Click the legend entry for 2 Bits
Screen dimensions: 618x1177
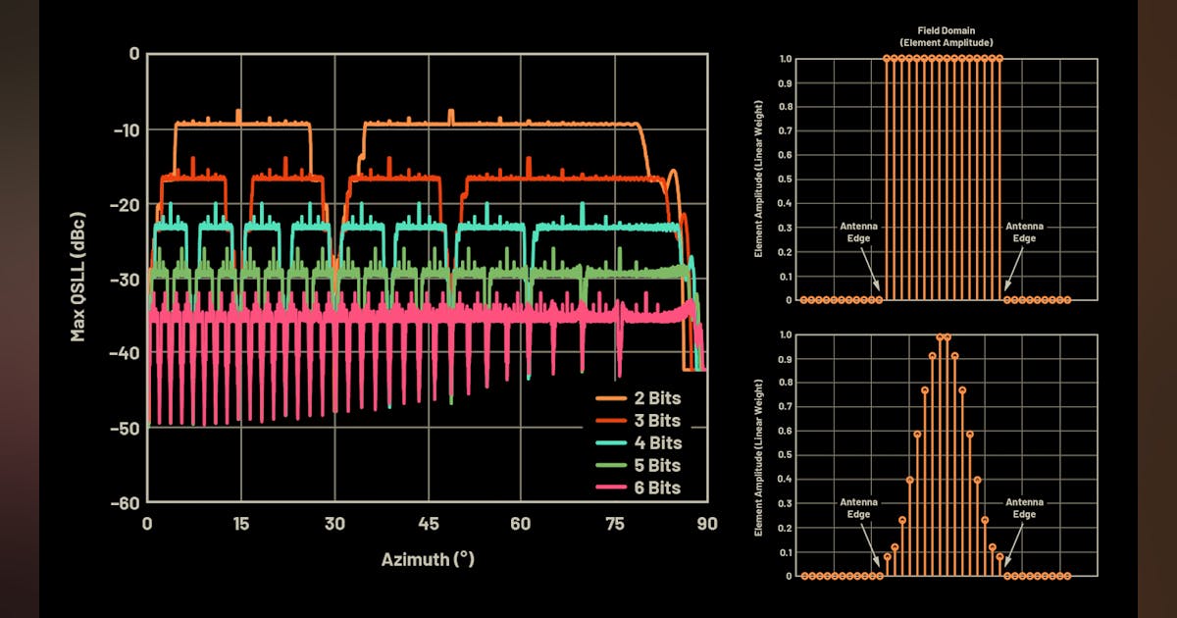(x=640, y=398)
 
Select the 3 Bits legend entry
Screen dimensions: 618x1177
(x=640, y=421)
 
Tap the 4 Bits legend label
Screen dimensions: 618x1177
(x=640, y=442)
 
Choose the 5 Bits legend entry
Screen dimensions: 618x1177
(x=640, y=465)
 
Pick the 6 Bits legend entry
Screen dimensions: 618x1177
(x=640, y=488)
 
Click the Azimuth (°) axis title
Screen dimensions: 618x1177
(x=428, y=559)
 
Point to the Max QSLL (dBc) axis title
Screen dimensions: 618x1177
(x=77, y=277)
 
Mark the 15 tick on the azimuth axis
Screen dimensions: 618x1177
(x=241, y=524)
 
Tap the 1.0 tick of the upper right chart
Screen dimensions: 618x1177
(x=786, y=59)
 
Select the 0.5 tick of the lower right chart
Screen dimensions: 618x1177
(x=786, y=455)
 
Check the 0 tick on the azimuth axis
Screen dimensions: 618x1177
(x=147, y=524)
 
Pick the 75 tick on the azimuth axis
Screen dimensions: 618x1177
(x=614, y=524)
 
